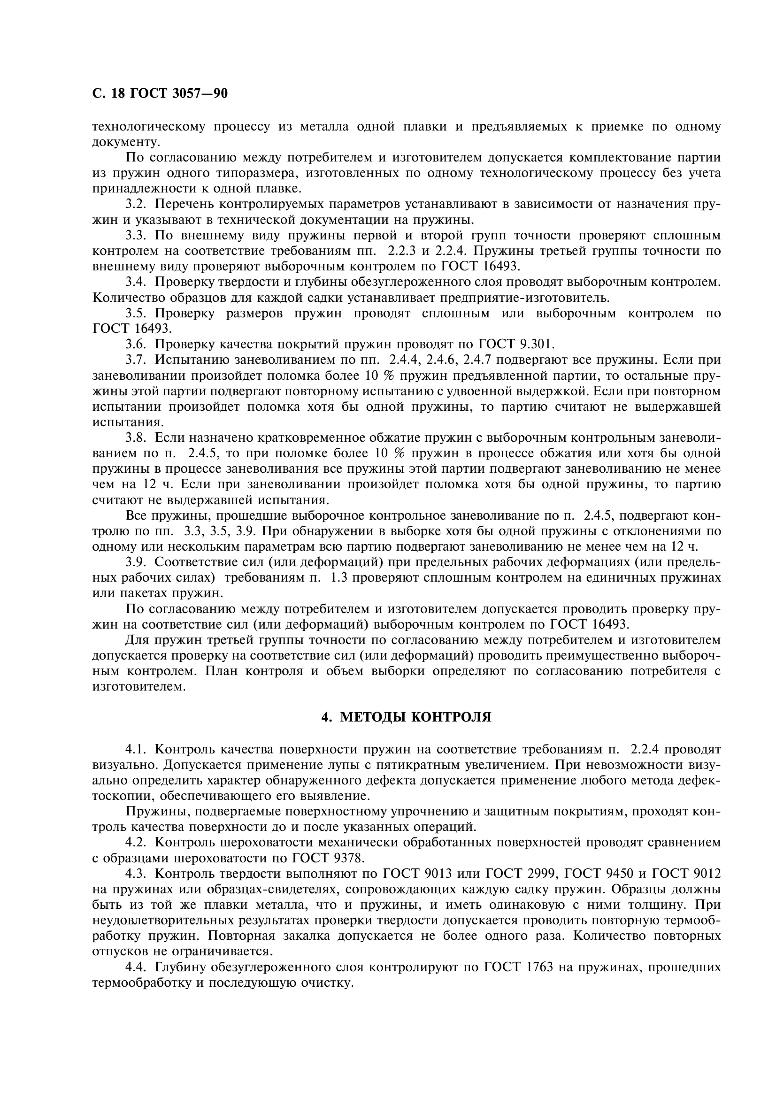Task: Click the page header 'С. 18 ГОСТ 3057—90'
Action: click(160, 93)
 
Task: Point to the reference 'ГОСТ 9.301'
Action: click(516, 344)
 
